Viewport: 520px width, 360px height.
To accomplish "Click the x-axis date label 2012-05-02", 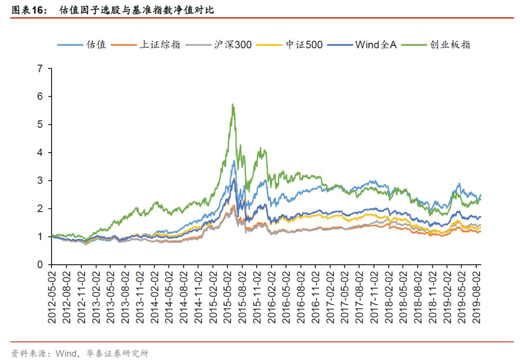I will pos(52,294).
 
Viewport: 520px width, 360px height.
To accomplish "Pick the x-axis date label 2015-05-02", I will pos(227,294).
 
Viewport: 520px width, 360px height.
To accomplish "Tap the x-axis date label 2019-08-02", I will pos(477,294).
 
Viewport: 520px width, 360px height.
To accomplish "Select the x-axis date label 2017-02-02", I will pos(330,294).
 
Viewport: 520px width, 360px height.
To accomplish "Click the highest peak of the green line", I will pos(233,104).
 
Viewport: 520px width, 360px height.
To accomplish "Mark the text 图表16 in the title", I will pos(27,10).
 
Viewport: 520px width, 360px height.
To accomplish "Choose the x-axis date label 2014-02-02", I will pos(154,294).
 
